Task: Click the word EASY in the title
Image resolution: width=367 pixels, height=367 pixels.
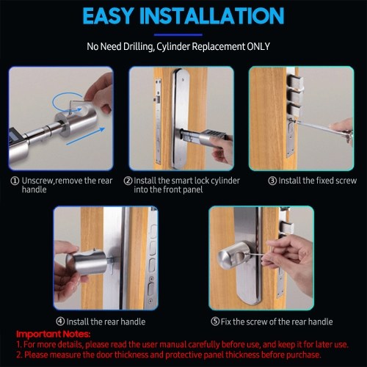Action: (x=108, y=16)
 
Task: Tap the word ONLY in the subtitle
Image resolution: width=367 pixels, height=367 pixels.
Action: (x=258, y=46)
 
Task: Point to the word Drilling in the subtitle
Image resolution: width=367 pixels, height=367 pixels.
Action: (x=138, y=46)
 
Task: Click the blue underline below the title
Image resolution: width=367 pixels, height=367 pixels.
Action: (x=178, y=34)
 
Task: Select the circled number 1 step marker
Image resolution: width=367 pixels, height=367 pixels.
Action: (x=15, y=181)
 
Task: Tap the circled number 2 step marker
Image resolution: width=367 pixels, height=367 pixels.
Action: (x=128, y=181)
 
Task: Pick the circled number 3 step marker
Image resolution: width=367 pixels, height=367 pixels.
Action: (x=272, y=181)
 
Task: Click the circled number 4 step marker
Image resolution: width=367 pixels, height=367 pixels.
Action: (x=60, y=321)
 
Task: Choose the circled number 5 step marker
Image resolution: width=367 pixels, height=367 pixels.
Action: (x=215, y=321)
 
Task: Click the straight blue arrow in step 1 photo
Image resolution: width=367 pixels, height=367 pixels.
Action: (x=86, y=137)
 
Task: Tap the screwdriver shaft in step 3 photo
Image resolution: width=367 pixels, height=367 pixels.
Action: (x=313, y=126)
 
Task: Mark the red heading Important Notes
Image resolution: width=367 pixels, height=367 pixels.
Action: (x=54, y=334)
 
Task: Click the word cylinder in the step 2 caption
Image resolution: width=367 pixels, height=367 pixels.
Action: (x=225, y=181)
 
